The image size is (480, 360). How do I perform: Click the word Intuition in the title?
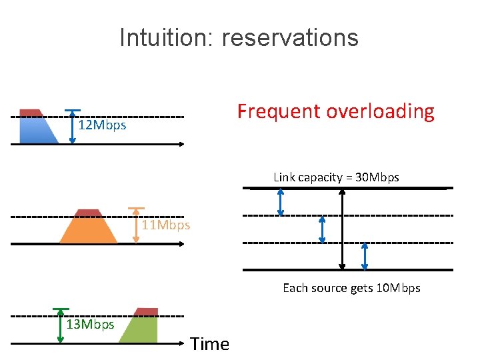pos(163,37)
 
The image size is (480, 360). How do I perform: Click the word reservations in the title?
pos(290,37)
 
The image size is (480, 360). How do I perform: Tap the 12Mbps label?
pos(102,125)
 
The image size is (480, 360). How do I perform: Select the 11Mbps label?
pos(166,225)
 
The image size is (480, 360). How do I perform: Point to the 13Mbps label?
pos(91,325)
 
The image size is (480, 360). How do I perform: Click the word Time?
pos(209,344)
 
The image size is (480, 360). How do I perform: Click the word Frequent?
pos(278,111)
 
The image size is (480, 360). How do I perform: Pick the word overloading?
pos(380,111)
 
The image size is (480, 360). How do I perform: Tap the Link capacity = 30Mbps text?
pos(336,177)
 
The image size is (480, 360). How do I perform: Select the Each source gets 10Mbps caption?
pos(351,288)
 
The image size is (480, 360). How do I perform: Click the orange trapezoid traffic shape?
pos(89,230)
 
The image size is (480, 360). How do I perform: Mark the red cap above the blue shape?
pos(30,113)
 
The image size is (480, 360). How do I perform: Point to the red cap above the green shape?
pos(146,312)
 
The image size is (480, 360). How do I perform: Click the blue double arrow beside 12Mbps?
pos(73,126)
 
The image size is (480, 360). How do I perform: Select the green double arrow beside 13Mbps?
pos(61,325)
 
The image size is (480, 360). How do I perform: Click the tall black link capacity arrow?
pos(343,229)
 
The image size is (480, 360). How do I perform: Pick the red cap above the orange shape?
pos(89,213)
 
